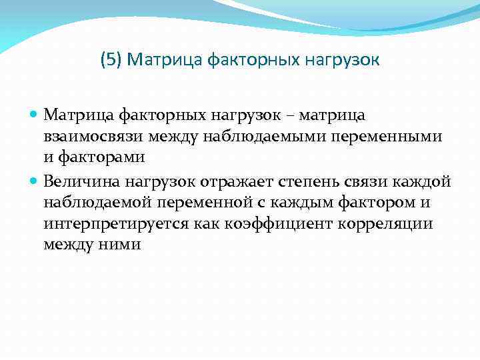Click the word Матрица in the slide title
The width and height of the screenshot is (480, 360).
tap(158, 61)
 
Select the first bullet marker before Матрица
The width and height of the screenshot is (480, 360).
tap(35, 116)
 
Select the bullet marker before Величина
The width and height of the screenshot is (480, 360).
tap(35, 181)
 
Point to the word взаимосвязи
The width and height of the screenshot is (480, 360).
tap(87, 137)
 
